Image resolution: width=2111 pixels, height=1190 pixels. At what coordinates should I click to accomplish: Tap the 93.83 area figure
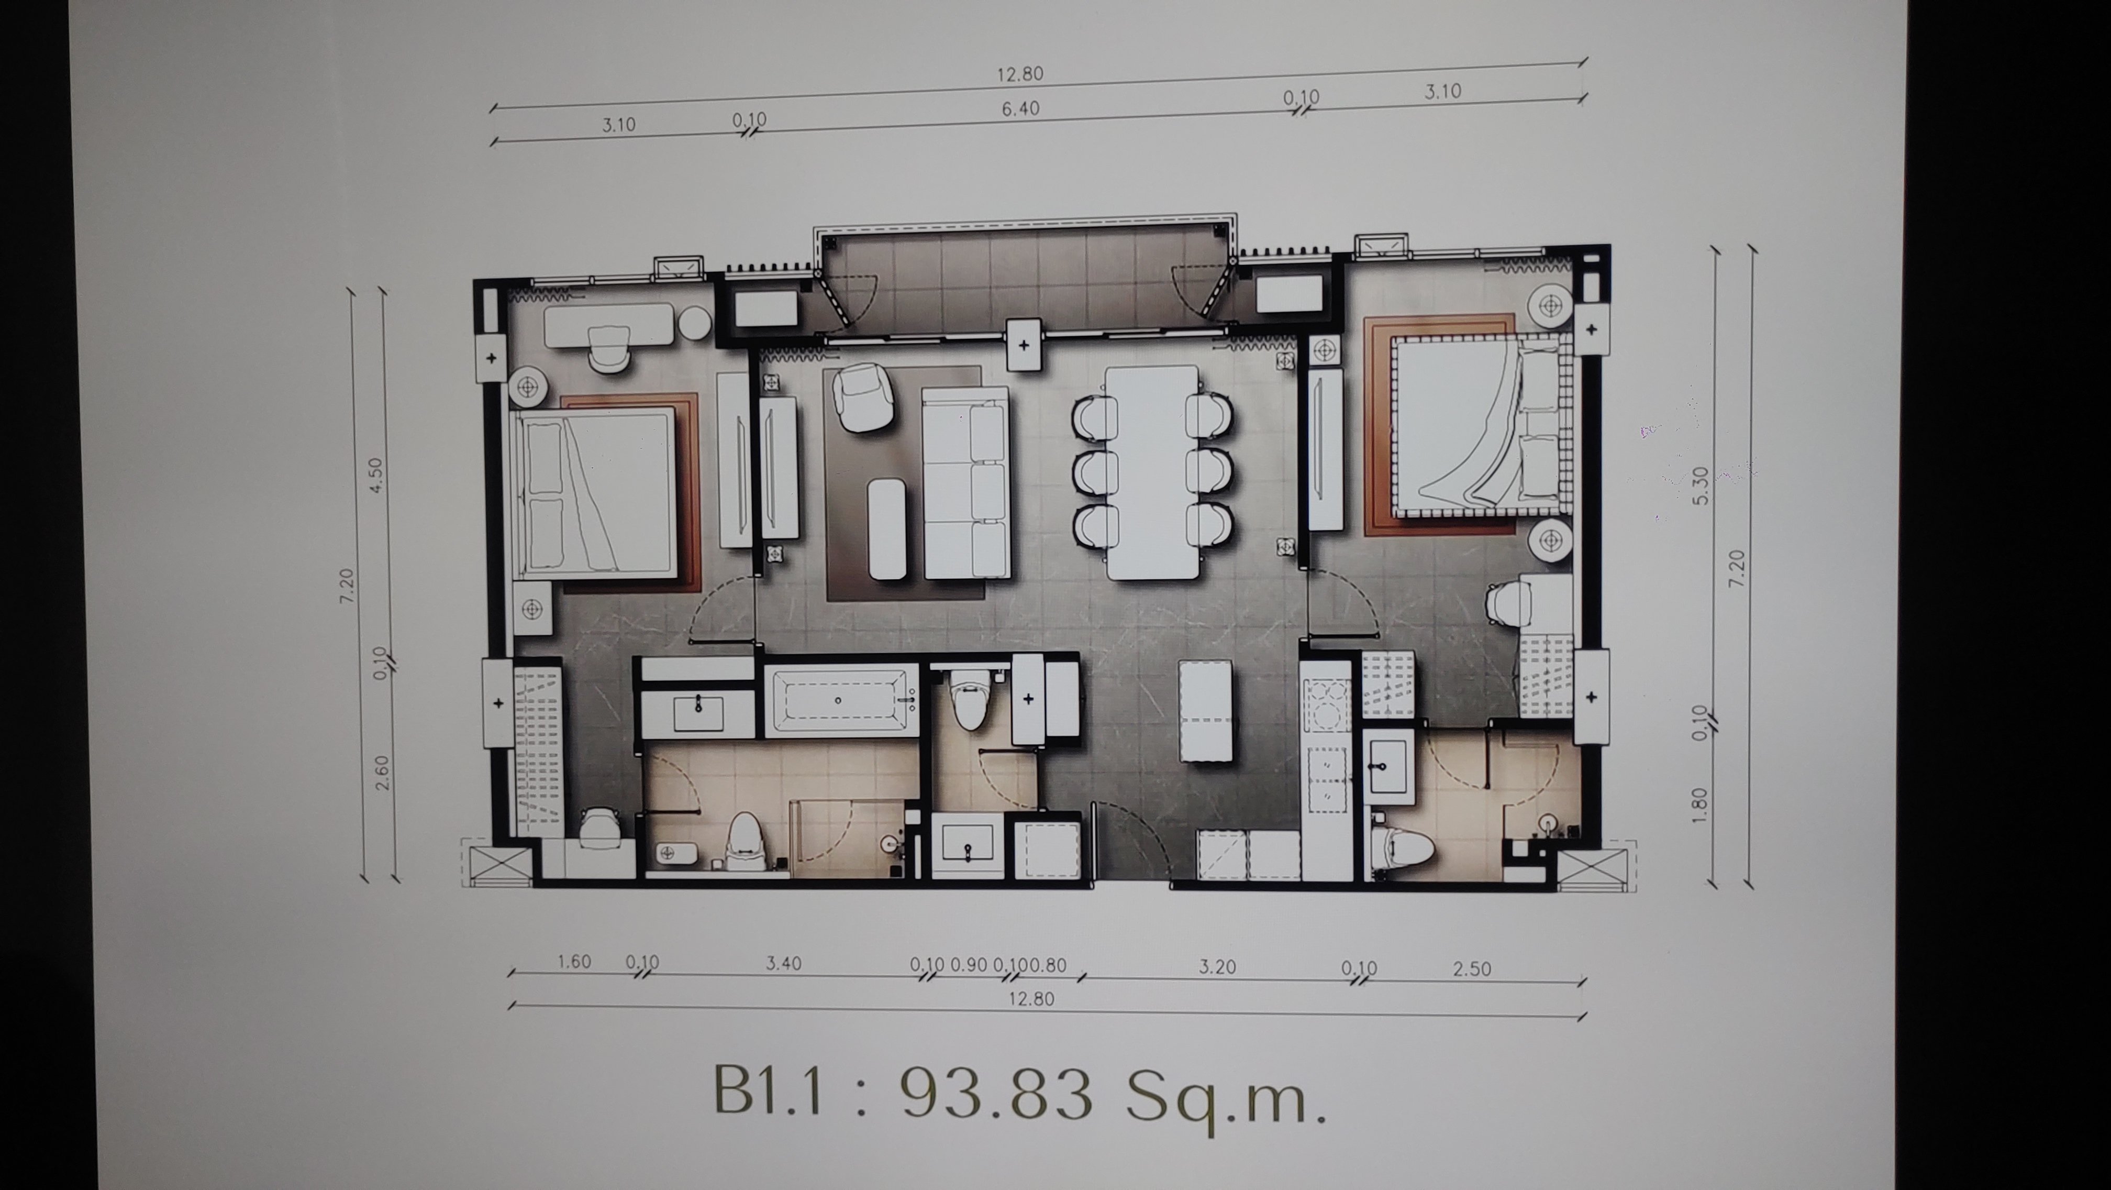click(x=996, y=1093)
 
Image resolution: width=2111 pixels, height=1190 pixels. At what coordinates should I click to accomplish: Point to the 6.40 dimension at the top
click(x=1020, y=108)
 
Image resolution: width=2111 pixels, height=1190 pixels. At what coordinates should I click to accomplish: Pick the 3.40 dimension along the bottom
click(x=783, y=963)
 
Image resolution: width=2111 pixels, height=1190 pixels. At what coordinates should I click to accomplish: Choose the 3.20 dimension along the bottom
click(x=1217, y=966)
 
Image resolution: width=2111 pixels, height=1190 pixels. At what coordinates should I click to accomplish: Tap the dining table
click(x=1153, y=471)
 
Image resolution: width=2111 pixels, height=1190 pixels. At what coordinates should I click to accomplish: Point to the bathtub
click(x=841, y=701)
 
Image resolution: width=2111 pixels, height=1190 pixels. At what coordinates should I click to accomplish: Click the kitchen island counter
click(x=1205, y=711)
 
